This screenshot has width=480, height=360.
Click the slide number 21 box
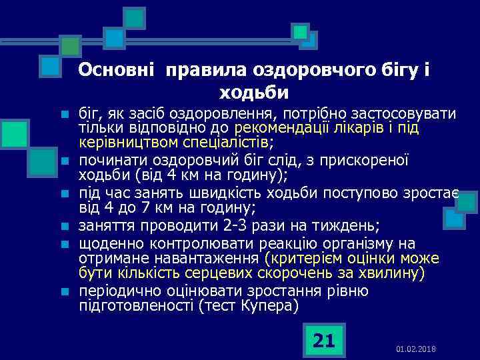[323, 341]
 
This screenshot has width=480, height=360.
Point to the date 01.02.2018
[415, 349]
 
